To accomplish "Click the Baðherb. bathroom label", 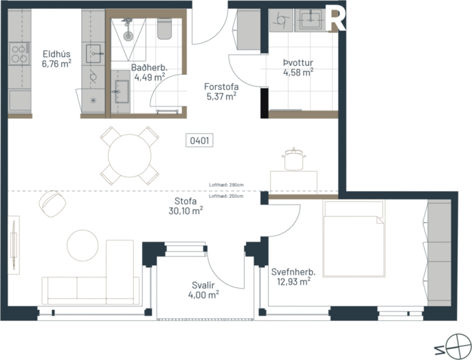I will pos(148,73).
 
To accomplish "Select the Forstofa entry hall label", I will pos(222,92).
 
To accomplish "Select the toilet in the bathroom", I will pos(166,30).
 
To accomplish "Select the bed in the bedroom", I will pos(354,238).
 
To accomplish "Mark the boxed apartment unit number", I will pos(199,142).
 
